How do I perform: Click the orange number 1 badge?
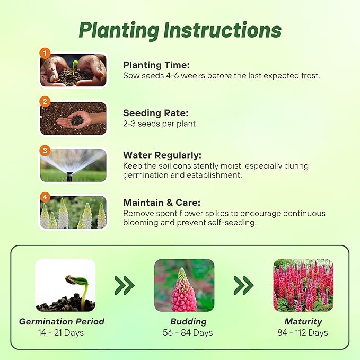click(45, 53)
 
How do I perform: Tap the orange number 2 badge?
click(45, 102)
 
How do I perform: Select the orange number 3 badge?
click(45, 151)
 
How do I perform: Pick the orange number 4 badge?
click(45, 197)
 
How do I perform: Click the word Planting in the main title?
click(119, 31)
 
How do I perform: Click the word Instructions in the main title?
click(223, 30)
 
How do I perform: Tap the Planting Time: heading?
click(156, 65)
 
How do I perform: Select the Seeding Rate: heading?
click(156, 113)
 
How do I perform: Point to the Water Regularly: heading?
click(162, 155)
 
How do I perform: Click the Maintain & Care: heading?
click(162, 203)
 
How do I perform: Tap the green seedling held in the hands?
click(75, 67)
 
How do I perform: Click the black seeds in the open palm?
click(77, 120)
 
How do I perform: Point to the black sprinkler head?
click(69, 177)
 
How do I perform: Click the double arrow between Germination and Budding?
click(125, 285)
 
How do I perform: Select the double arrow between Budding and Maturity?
click(243, 285)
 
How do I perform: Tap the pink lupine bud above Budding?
click(184, 290)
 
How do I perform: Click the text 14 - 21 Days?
click(61, 332)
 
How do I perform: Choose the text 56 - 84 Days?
click(188, 332)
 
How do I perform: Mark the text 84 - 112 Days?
click(303, 332)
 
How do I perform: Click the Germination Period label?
click(62, 322)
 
